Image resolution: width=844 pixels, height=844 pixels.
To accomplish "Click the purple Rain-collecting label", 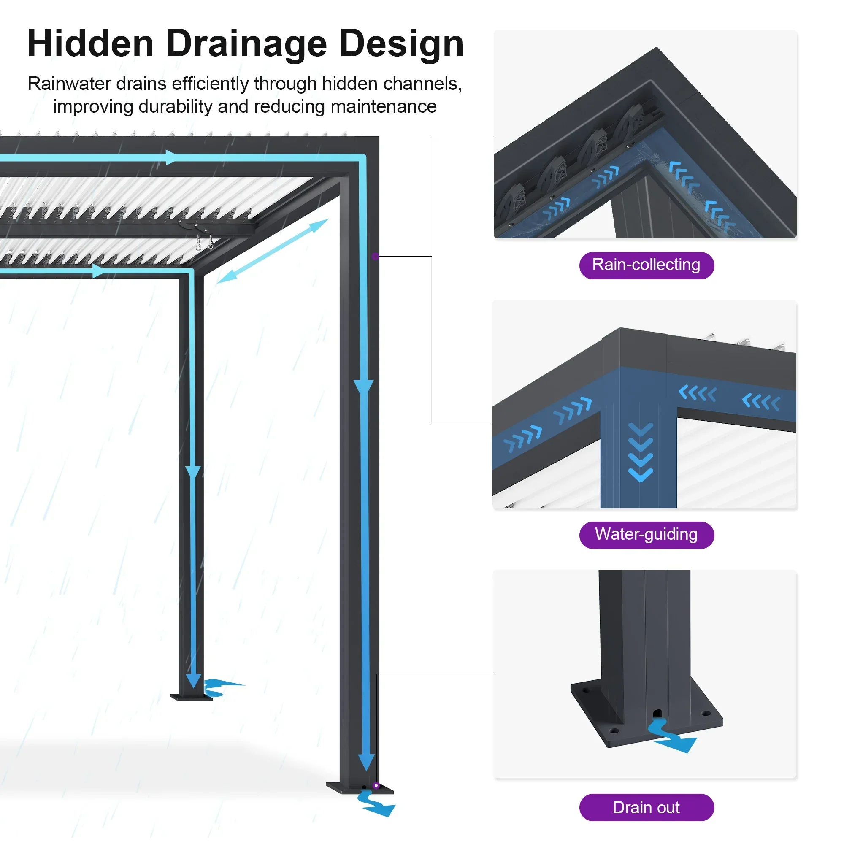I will (x=646, y=265).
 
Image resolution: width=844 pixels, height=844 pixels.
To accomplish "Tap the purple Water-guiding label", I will (x=646, y=535).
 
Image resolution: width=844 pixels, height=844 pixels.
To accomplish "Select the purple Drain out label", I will (x=646, y=807).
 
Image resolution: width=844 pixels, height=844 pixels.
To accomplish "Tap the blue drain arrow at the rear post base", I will (x=221, y=687).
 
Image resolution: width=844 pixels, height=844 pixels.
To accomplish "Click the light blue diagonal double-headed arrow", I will (x=272, y=251).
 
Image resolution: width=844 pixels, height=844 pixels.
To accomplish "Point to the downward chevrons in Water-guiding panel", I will (x=641, y=452).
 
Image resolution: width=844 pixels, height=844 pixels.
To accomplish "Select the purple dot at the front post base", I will (x=376, y=785).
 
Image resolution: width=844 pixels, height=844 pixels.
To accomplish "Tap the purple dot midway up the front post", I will (x=375, y=257).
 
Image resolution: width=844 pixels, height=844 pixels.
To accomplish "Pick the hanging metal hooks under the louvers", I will (x=204, y=241).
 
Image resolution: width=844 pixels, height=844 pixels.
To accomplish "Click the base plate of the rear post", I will (x=191, y=697).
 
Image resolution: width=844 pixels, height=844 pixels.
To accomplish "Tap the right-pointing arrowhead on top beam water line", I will (x=171, y=157).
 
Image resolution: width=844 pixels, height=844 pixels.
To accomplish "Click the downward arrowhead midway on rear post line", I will (x=193, y=472).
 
